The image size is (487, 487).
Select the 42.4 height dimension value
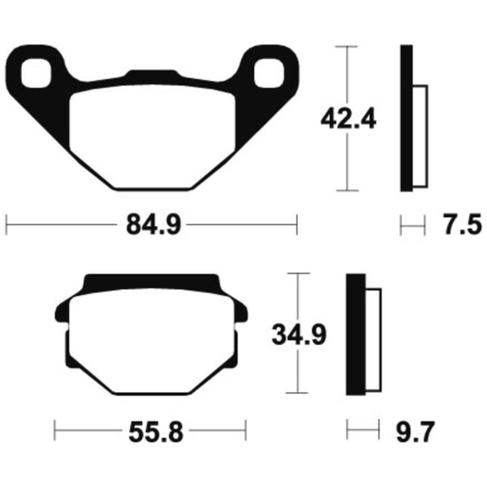tap(348, 119)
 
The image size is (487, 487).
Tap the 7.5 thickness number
tap(462, 225)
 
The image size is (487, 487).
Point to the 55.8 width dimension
tap(156, 432)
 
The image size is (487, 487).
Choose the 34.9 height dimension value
tap(299, 335)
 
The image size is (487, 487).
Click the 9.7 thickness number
tap(415, 432)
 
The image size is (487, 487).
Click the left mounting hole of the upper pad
tap(36, 73)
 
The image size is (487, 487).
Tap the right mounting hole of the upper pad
tap(269, 73)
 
